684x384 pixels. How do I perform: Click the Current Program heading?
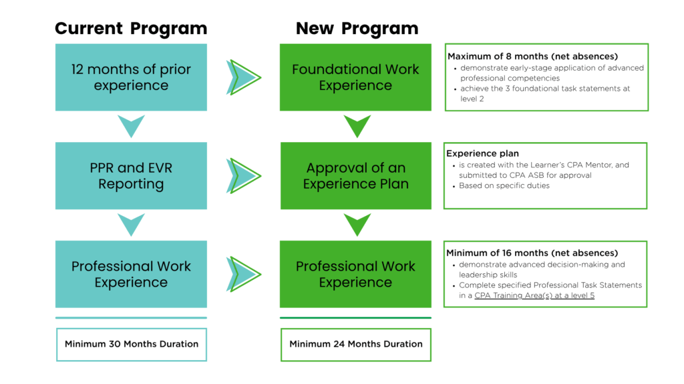pyautogui.click(x=131, y=29)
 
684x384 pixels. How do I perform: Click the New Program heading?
pyautogui.click(x=357, y=29)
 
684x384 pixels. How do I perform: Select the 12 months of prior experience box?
pyautogui.click(x=131, y=77)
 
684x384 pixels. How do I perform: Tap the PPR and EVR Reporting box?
pyautogui.click(x=131, y=176)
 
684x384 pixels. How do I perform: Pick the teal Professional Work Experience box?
pyautogui.click(x=131, y=274)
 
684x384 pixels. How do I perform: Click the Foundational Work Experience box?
pyautogui.click(x=355, y=77)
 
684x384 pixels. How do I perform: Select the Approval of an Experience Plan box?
pyautogui.click(x=355, y=176)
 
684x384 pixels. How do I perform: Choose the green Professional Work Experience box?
pyautogui.click(x=355, y=274)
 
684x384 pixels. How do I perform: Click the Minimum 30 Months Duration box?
pyautogui.click(x=132, y=345)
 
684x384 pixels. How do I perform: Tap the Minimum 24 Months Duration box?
pyautogui.click(x=356, y=345)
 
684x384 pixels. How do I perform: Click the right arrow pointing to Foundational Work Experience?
pyautogui.click(x=243, y=77)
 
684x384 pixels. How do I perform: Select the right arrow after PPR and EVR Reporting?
pyautogui.click(x=243, y=176)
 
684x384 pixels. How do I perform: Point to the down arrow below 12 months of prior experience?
pyautogui.click(x=131, y=125)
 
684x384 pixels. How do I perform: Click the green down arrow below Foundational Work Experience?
pyautogui.click(x=357, y=125)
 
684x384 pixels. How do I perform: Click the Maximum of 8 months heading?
pyautogui.click(x=532, y=56)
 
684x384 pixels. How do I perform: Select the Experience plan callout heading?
pyautogui.click(x=482, y=153)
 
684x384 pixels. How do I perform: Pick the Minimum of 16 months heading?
pyautogui.click(x=532, y=253)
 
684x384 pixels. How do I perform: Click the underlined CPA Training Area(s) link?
pyautogui.click(x=534, y=295)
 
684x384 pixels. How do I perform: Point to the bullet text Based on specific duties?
pyautogui.click(x=504, y=185)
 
